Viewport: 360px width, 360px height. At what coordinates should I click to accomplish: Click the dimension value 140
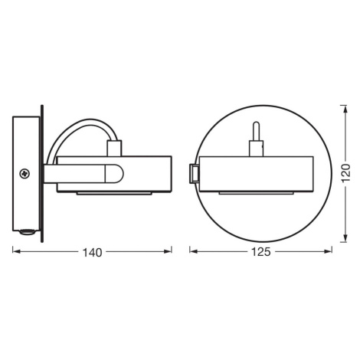[x=92, y=253]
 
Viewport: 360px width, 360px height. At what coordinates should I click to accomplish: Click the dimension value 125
[x=261, y=252]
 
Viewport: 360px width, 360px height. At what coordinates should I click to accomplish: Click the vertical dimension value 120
[x=346, y=173]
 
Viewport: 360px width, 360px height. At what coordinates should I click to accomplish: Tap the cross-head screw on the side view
[x=25, y=174]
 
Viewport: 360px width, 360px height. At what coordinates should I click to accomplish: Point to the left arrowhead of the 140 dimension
[x=16, y=251]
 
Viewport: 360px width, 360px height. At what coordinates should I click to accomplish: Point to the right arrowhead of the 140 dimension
[x=168, y=251]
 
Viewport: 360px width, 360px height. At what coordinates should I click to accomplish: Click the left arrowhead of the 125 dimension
[x=193, y=251]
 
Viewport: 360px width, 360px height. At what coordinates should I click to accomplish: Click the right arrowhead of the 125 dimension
[x=329, y=251]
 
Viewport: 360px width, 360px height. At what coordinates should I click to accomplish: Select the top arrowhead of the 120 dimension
[x=345, y=109]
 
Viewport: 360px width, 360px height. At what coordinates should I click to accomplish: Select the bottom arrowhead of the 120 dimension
[x=345, y=238]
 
